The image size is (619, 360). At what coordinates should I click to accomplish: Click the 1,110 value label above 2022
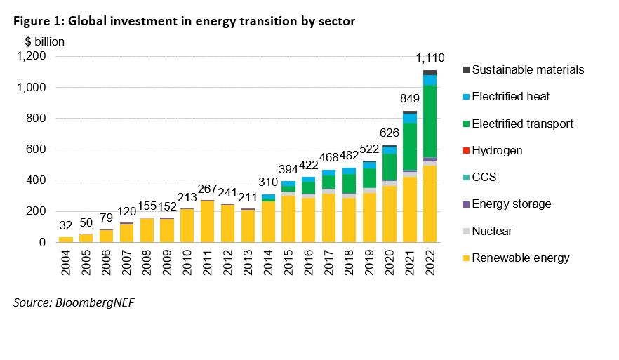coord(430,58)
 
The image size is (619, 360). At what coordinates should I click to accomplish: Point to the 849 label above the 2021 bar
coord(409,100)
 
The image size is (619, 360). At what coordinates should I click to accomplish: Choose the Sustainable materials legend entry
coord(528,70)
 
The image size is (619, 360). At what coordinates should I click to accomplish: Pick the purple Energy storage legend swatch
coord(465,205)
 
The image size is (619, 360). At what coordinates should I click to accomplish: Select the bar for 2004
coord(65,239)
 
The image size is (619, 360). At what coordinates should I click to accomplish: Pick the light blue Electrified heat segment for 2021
coord(409,118)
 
